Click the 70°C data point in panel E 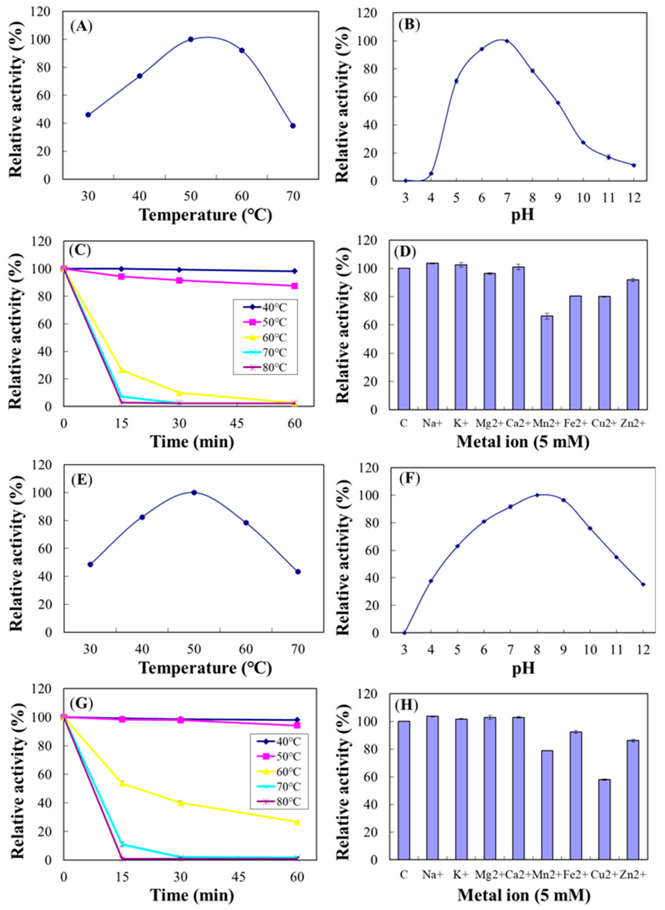tap(298, 572)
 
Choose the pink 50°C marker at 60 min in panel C tap(295, 286)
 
